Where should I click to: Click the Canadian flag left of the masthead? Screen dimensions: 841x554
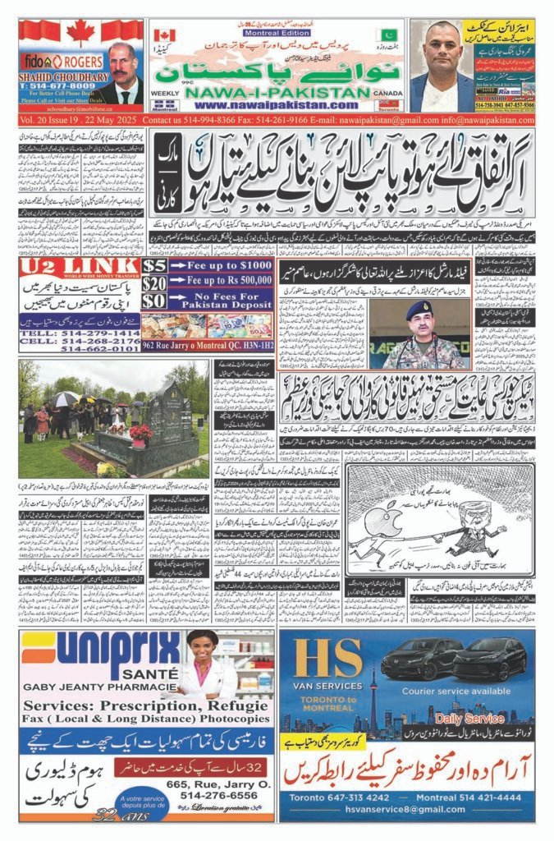pos(164,36)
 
